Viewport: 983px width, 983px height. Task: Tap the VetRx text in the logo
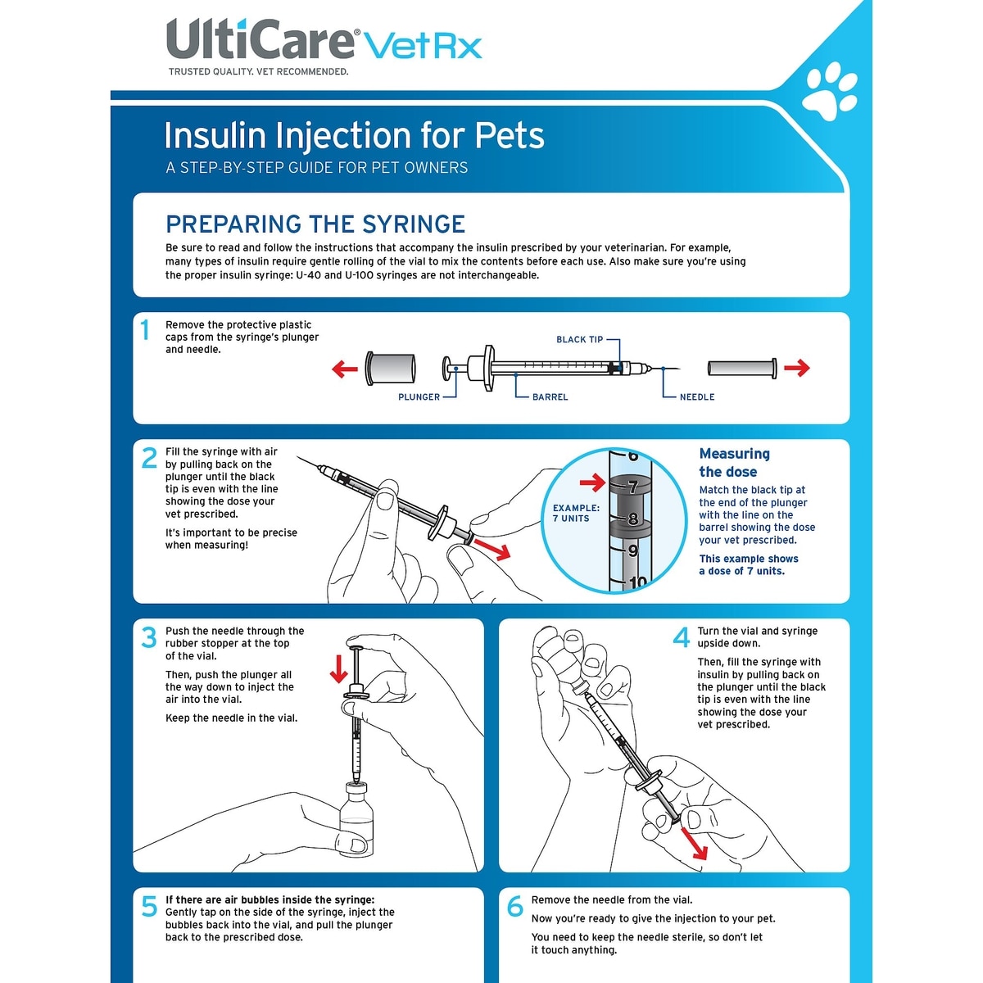click(422, 45)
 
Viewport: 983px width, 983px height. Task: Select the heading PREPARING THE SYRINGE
click(315, 224)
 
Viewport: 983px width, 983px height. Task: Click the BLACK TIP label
click(579, 339)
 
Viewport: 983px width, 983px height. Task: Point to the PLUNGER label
click(419, 397)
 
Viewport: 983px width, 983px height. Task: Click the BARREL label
click(550, 397)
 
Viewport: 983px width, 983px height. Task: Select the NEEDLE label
click(697, 397)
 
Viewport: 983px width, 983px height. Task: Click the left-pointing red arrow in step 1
click(345, 369)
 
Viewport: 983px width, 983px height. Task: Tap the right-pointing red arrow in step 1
click(796, 369)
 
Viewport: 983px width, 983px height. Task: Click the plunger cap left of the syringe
click(391, 368)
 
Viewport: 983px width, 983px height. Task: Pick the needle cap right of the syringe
click(741, 368)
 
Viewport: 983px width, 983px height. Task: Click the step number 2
click(149, 458)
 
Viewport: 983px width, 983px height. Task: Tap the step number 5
click(149, 907)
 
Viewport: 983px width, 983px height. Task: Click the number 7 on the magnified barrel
click(632, 487)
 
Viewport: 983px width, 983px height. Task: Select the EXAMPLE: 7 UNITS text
click(576, 513)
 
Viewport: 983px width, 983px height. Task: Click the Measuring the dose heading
click(733, 463)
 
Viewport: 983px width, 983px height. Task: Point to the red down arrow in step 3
click(338, 668)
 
